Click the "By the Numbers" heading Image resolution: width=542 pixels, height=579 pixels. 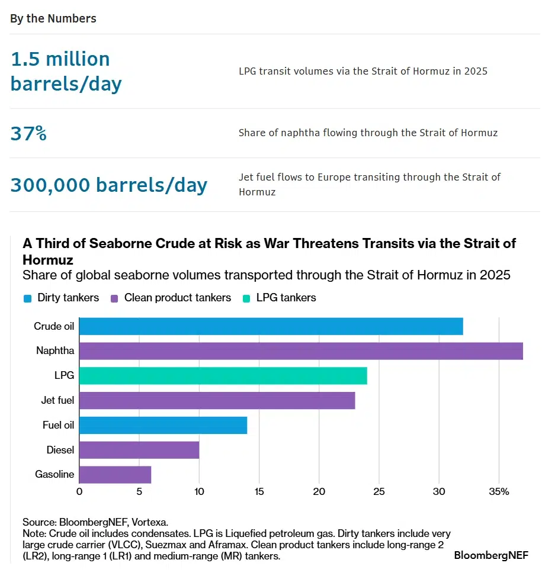(53, 18)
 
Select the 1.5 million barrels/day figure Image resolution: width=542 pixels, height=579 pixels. (66, 71)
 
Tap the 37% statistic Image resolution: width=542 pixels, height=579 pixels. (28, 133)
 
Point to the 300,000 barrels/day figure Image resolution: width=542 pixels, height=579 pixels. (109, 185)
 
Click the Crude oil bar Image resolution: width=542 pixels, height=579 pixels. (271, 326)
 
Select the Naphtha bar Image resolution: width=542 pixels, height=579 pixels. (301, 351)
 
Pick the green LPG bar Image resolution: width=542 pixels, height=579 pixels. (223, 376)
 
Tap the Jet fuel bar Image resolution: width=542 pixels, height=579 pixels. (217, 401)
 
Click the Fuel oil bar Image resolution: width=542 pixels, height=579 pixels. (163, 425)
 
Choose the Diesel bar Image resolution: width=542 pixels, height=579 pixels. (139, 450)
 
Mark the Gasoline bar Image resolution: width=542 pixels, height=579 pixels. (115, 475)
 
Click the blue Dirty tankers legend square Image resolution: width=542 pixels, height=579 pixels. (27, 298)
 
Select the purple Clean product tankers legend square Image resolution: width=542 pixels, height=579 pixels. (116, 298)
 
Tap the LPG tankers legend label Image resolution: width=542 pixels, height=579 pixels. (286, 298)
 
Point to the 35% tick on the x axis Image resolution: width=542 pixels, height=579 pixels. (499, 491)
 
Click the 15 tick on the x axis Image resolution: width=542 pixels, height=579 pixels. (259, 491)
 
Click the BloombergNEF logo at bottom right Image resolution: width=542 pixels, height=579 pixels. (491, 555)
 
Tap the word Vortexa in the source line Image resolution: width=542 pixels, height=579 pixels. (148, 522)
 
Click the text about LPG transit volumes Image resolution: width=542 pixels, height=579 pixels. (363, 71)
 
